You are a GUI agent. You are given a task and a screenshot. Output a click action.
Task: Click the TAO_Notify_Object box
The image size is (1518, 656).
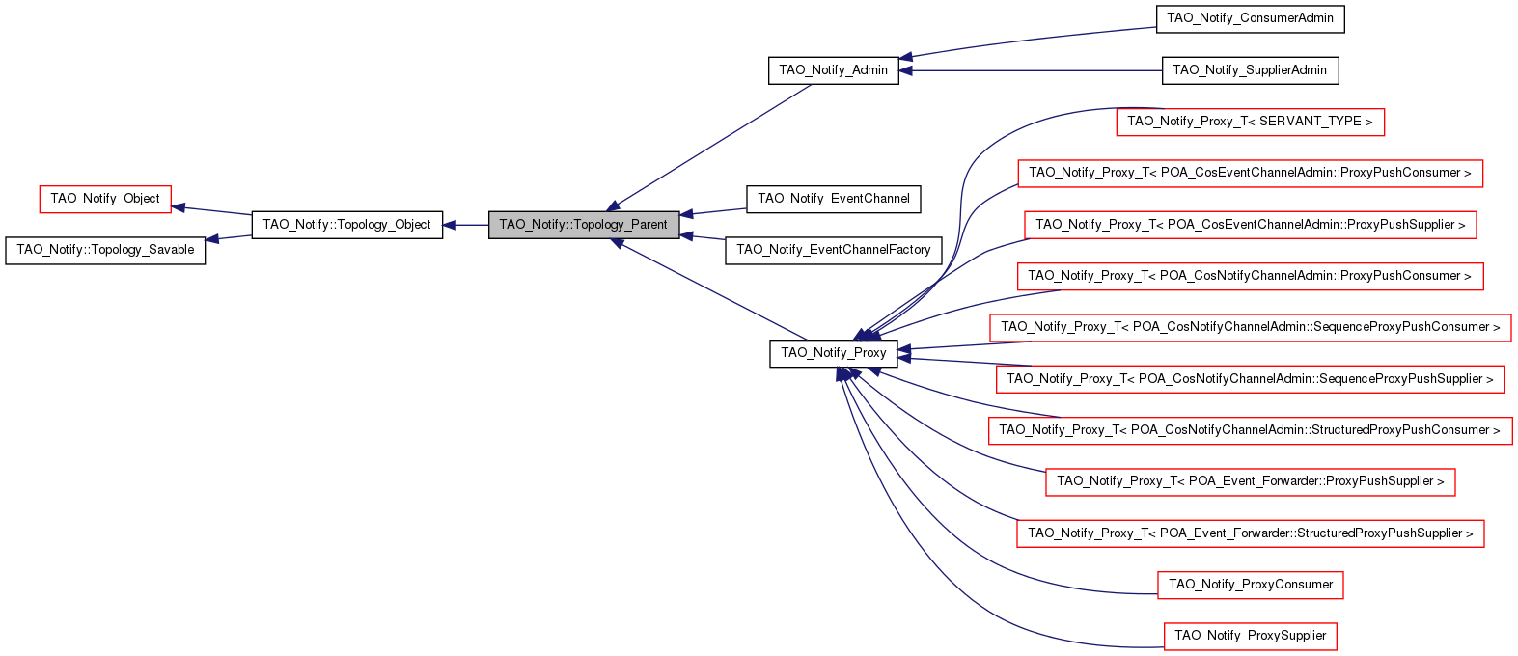click(x=105, y=199)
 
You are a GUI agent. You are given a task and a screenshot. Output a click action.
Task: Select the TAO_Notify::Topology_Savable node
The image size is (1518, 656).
click(x=105, y=250)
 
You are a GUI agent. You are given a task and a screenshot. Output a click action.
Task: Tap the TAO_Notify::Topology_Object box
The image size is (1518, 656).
click(x=346, y=225)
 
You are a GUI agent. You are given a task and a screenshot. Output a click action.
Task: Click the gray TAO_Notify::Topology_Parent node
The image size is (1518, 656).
click(x=583, y=225)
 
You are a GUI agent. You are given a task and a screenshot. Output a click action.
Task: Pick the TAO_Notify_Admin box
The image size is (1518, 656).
click(x=833, y=70)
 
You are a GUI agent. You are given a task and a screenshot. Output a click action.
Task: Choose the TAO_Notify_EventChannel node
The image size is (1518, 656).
click(x=833, y=199)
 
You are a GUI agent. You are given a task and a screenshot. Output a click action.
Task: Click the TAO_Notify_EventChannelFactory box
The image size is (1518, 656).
click(x=833, y=250)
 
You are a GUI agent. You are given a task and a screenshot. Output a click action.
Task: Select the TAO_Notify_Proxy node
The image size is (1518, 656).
click(x=833, y=353)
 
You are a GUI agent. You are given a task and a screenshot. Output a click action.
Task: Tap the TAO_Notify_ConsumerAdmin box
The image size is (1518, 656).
click(x=1250, y=18)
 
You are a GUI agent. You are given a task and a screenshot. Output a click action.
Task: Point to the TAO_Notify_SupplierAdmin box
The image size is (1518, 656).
click(x=1250, y=70)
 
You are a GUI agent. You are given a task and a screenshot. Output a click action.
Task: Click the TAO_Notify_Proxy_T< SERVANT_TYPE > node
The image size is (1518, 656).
click(x=1250, y=122)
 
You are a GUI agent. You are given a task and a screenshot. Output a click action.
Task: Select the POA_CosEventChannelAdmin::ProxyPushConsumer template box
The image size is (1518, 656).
click(x=1250, y=173)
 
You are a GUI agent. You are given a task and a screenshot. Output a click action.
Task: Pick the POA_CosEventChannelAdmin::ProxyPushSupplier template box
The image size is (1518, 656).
click(x=1250, y=225)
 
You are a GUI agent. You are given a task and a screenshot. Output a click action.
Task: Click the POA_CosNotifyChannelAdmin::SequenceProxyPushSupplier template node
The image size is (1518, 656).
click(x=1250, y=379)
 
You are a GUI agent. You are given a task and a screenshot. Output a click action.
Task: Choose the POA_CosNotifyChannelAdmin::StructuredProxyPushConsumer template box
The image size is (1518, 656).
click(x=1250, y=430)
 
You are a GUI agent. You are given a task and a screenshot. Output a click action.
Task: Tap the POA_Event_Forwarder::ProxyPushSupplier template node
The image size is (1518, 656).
click(x=1250, y=481)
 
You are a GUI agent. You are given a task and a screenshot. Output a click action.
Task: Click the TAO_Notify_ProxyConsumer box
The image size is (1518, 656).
click(x=1250, y=585)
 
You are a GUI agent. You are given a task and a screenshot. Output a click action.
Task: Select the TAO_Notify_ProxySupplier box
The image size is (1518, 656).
click(x=1250, y=636)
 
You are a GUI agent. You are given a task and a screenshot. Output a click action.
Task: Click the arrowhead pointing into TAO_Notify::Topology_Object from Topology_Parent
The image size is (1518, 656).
click(x=451, y=225)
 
